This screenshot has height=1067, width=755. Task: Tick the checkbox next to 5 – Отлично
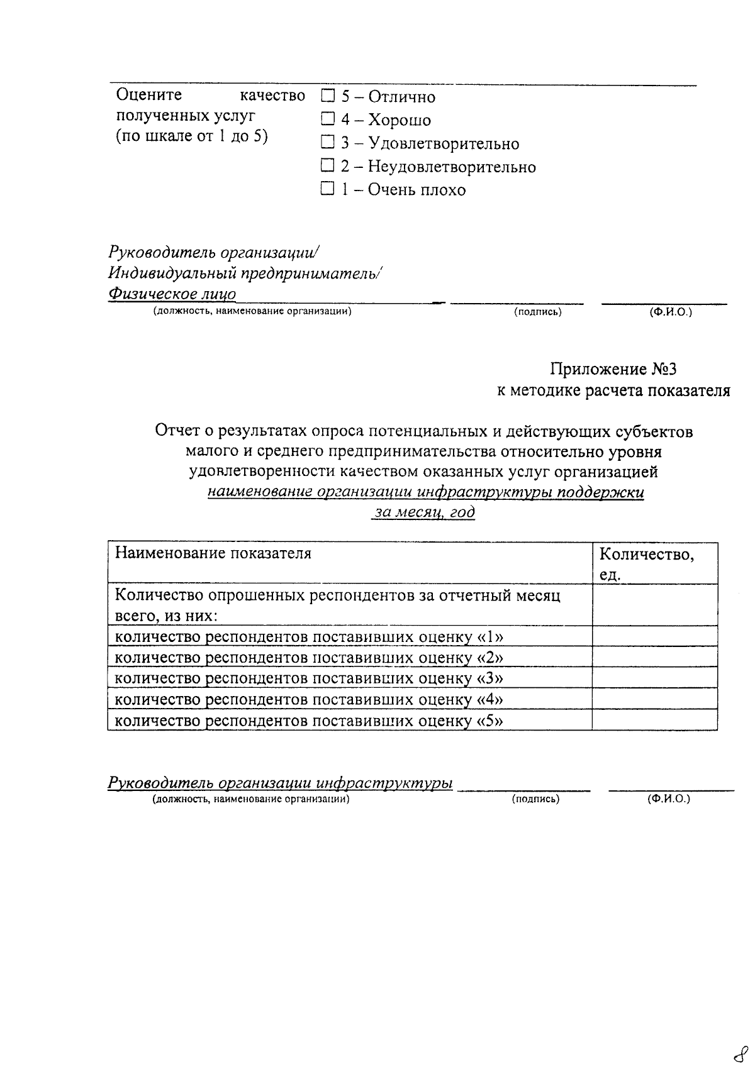point(327,96)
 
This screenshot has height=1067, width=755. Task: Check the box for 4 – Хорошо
point(327,119)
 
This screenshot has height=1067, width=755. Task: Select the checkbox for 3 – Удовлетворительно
point(327,143)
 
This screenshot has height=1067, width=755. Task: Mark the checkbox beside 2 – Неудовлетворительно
point(327,166)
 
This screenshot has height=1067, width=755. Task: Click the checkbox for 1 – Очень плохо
point(327,189)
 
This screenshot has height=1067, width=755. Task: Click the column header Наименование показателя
point(213,553)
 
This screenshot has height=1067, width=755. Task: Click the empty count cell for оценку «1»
point(654,636)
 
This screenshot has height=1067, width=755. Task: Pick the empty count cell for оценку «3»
point(654,678)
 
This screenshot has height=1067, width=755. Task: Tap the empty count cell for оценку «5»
point(654,719)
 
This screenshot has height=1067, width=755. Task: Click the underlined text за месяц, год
point(425,512)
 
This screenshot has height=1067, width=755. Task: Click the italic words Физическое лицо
point(172,294)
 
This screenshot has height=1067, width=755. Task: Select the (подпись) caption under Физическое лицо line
point(537,312)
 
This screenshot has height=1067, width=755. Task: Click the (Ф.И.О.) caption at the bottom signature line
point(668,799)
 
